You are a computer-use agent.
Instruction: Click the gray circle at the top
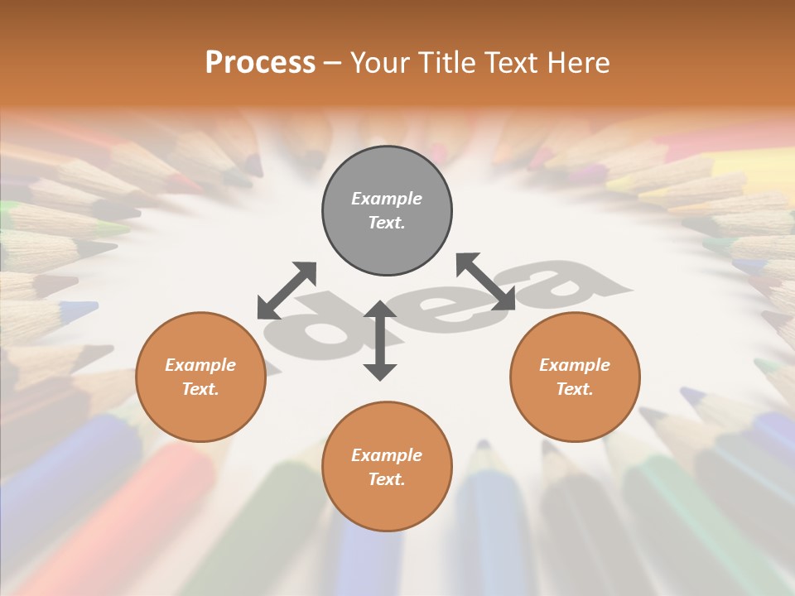point(387,211)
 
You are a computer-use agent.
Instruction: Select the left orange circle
point(200,377)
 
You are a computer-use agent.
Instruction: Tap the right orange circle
point(575,377)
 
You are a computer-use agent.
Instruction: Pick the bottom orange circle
point(387,468)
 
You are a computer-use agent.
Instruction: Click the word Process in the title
point(260,62)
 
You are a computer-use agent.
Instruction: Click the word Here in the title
point(579,62)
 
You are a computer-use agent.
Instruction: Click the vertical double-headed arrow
point(380,340)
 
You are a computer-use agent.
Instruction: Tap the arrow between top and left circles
point(287,291)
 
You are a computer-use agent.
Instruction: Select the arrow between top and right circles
point(485,281)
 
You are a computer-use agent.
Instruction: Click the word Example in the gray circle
point(387,199)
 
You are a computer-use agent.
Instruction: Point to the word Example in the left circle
point(200,365)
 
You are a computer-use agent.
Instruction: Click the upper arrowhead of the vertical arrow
point(380,311)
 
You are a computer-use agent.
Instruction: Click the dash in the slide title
point(333,63)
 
